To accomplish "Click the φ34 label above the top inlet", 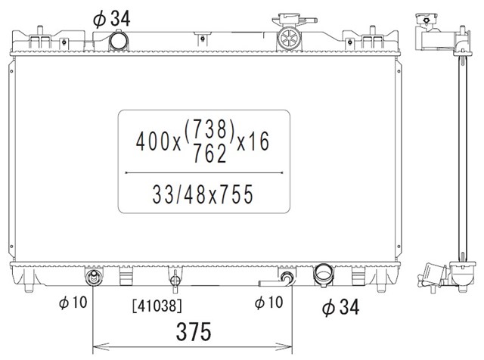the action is coord(111,18).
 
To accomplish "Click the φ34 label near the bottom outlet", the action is coord(341,307).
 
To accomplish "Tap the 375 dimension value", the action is coord(194,331).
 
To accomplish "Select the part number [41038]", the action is coord(157,306).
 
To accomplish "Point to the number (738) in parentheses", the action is coord(209,129).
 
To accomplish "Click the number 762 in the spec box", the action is coord(210,154).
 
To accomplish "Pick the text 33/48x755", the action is coord(203,194).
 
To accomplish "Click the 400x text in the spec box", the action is coord(158,141).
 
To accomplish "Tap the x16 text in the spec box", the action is coord(253,141).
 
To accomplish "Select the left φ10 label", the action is coord(73,303).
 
